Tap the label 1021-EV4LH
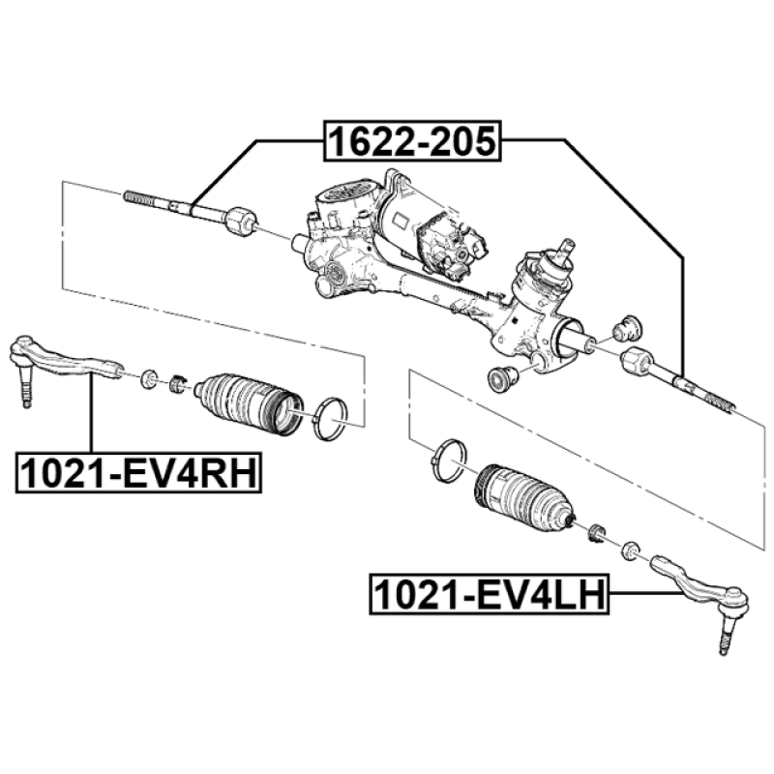490,595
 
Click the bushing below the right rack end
501,377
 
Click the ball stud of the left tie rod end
25,392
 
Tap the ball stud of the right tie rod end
724,639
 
